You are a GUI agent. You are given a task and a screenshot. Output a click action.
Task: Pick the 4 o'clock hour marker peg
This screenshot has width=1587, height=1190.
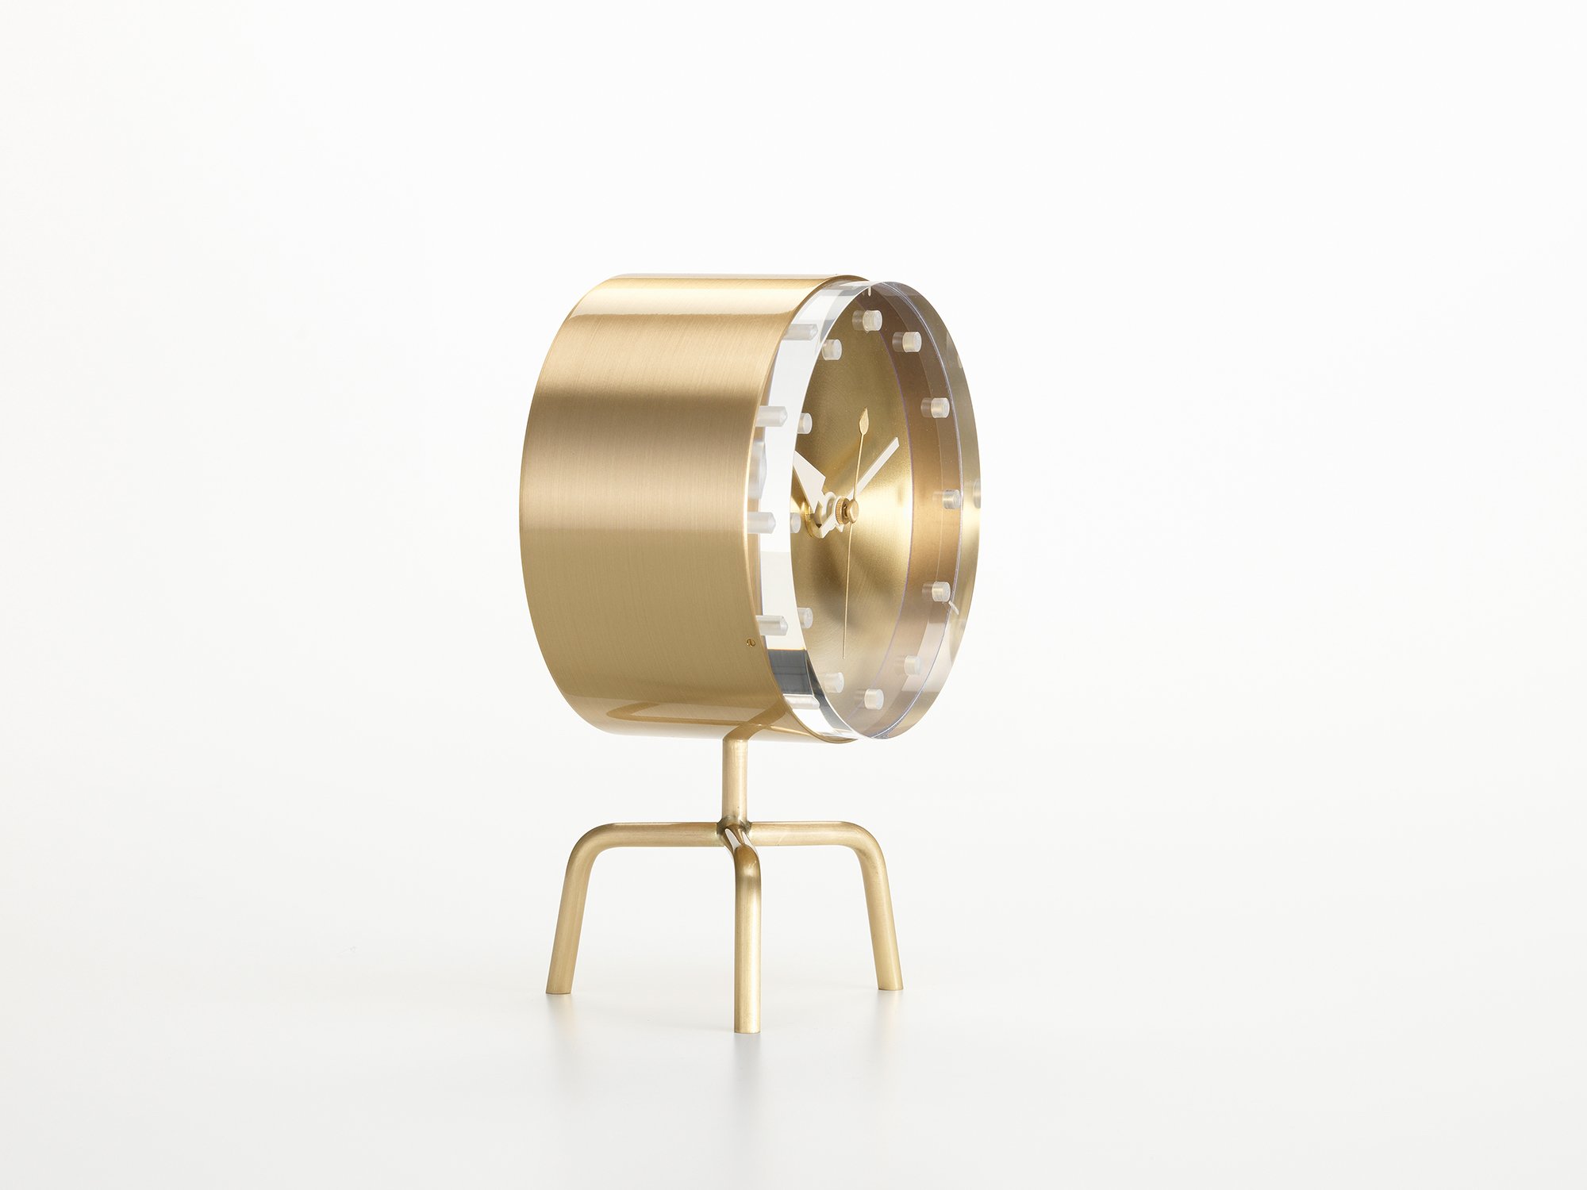(939, 590)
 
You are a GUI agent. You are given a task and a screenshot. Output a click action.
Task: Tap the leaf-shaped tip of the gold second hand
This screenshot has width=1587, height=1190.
(864, 419)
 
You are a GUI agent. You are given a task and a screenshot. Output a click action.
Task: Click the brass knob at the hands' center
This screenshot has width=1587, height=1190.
(849, 512)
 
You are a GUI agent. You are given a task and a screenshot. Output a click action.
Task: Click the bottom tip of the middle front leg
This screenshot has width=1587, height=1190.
(747, 1029)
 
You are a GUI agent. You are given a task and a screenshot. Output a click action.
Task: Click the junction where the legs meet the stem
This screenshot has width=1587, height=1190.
(735, 835)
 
